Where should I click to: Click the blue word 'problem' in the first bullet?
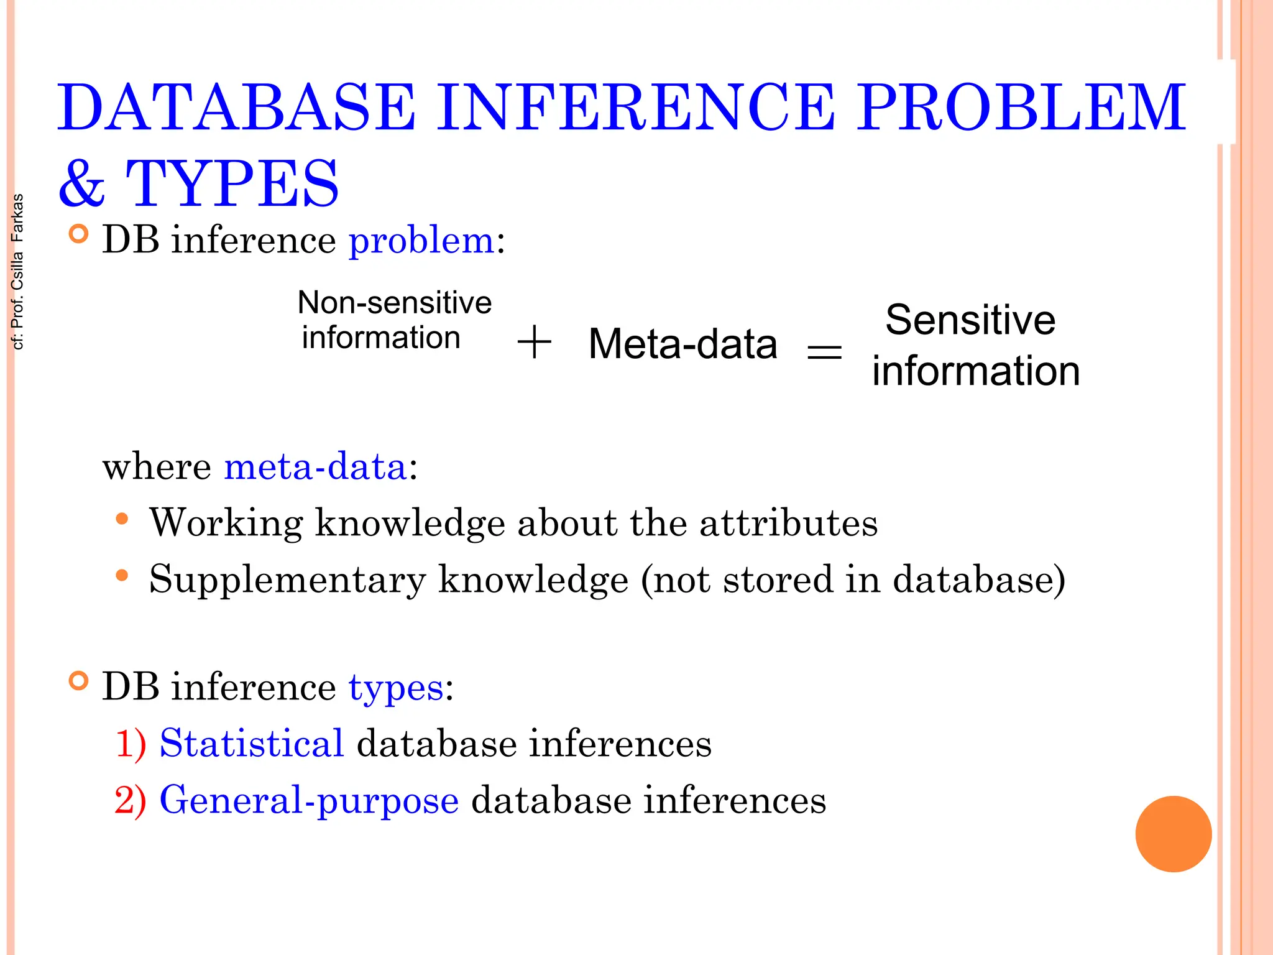pos(421,241)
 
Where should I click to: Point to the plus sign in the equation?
pos(534,343)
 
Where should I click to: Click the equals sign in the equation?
pos(824,353)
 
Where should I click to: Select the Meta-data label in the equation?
pos(682,344)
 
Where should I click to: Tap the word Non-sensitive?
pos(395,303)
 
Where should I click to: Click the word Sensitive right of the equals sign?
pos(970,320)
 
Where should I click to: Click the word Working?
pos(226,523)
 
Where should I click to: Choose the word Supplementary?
pos(287,580)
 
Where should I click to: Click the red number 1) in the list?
pos(131,744)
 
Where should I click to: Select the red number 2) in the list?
pos(131,800)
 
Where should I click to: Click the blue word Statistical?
pos(252,743)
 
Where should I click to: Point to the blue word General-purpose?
pos(309,801)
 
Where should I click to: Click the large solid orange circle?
pos(1173,834)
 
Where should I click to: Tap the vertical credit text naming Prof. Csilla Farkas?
pos(17,272)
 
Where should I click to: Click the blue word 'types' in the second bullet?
pos(396,688)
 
